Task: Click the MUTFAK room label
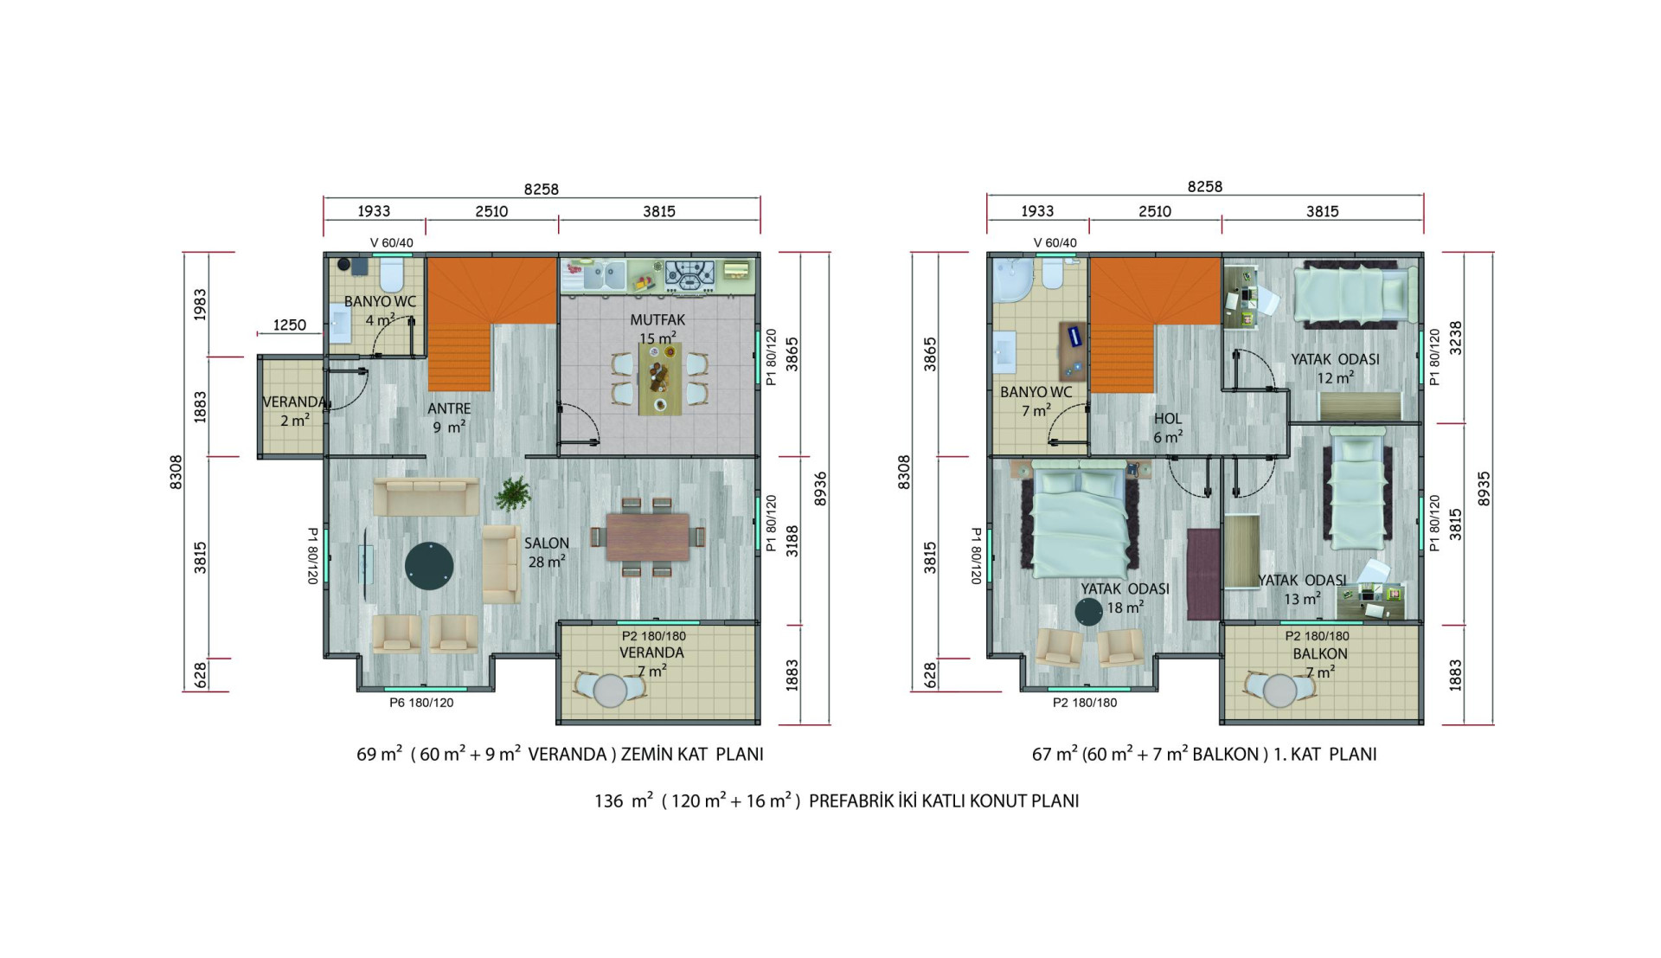[657, 320]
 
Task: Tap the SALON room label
[547, 543]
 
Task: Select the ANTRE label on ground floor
[449, 408]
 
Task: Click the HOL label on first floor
[1167, 419]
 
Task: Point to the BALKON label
[1320, 654]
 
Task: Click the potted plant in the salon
[513, 493]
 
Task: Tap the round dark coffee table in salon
[429, 566]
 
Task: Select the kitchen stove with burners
[689, 275]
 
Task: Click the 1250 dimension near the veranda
[290, 325]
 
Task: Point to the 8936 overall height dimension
[820, 489]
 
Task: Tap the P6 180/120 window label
[421, 703]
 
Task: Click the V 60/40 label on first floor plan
[1055, 243]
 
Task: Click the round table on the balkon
[1279, 691]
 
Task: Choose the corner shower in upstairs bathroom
[1011, 280]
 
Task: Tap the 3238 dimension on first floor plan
[1456, 338]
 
